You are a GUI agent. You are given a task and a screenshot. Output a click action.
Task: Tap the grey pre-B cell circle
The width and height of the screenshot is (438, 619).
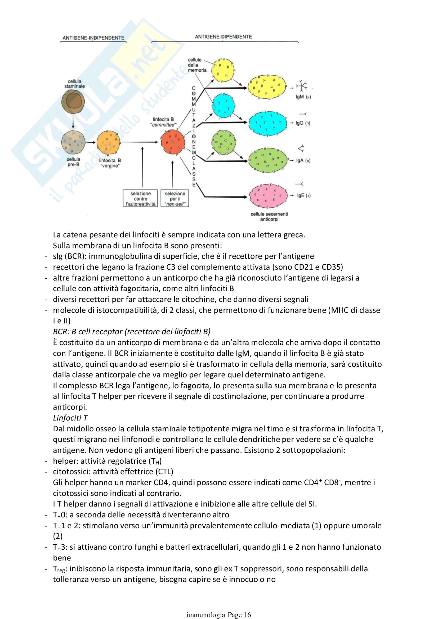click(x=73, y=142)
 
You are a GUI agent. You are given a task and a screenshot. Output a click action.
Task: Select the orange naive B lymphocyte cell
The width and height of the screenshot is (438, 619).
click(x=108, y=143)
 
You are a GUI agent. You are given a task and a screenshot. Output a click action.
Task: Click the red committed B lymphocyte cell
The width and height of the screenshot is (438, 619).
click(x=173, y=142)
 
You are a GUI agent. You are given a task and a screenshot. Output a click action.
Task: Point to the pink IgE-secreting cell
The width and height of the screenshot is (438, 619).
click(x=268, y=196)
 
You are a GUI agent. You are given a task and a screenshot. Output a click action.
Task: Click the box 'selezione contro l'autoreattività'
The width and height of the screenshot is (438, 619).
click(x=140, y=199)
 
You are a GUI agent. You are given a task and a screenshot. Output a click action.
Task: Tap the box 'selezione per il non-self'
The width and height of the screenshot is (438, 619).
click(x=175, y=199)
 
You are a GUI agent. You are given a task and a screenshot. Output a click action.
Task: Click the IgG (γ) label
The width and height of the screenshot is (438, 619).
click(x=303, y=123)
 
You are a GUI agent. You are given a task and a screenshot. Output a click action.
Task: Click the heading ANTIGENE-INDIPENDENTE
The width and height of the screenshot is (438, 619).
click(x=93, y=38)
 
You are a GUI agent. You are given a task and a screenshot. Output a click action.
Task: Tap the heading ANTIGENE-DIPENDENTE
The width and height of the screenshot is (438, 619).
click(x=223, y=37)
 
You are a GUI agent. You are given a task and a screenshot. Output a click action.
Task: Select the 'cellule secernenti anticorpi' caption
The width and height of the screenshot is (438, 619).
click(x=269, y=216)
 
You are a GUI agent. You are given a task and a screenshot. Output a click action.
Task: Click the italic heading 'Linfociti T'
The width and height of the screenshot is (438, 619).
click(x=70, y=418)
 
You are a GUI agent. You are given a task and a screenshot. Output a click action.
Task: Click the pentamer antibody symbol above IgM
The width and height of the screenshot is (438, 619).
click(x=302, y=86)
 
